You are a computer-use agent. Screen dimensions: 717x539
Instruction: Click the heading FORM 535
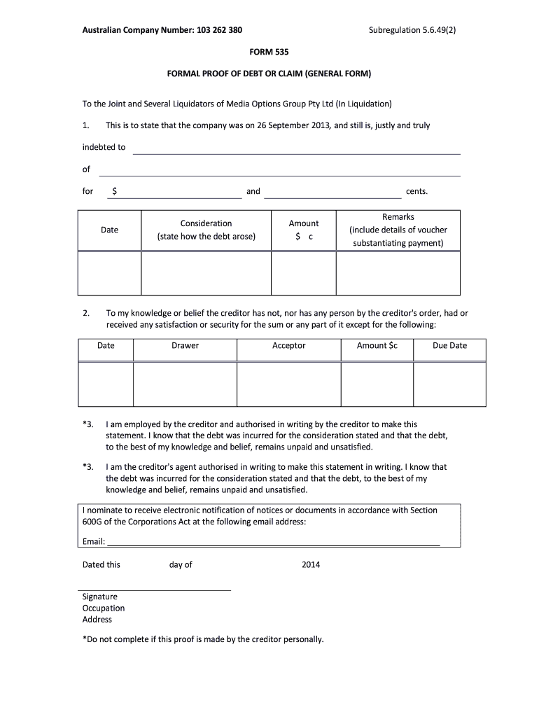tap(269, 53)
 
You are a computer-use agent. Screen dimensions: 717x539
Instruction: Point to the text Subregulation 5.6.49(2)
tap(416, 31)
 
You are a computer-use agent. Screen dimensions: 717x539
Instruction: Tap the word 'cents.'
tap(416, 191)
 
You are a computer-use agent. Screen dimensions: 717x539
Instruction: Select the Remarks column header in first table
tap(398, 230)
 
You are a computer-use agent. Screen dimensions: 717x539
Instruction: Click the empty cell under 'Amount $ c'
tap(303, 272)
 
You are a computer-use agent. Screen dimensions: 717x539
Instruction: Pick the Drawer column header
tap(185, 345)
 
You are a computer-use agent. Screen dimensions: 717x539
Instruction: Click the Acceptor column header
tap(288, 345)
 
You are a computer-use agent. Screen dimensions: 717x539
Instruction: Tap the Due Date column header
tap(449, 345)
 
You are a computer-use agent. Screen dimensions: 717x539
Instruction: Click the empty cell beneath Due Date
tap(449, 383)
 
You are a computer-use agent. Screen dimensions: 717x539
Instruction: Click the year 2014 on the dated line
tap(310, 565)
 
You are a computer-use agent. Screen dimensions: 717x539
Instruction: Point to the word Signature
tap(100, 597)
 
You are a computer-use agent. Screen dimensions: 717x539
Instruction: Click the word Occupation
tap(104, 608)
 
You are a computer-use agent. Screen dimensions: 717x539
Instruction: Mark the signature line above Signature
tap(156, 589)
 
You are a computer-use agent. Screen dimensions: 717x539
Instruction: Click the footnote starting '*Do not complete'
tap(203, 639)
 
